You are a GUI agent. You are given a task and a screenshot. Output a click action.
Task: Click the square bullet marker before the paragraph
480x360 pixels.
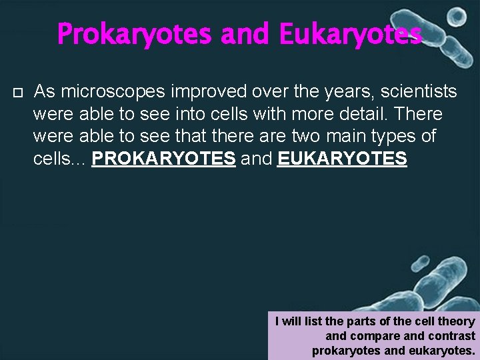(18, 91)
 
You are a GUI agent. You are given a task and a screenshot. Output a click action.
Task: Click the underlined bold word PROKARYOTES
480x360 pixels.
(163, 159)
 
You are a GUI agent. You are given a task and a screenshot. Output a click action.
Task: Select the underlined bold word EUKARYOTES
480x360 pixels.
(341, 159)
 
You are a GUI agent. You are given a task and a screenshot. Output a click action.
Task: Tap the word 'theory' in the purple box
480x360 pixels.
(457, 321)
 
